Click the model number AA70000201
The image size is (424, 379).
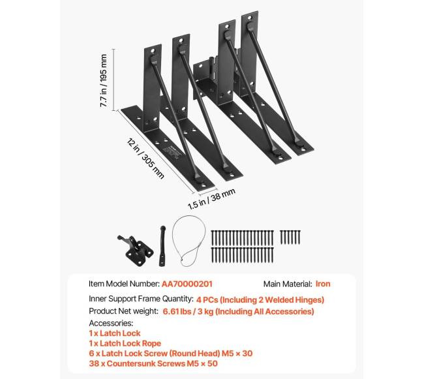pos(187,284)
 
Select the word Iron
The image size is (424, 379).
pos(323,284)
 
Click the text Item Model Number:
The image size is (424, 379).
pos(123,284)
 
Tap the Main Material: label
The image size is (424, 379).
pos(287,284)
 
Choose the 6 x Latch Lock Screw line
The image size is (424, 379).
pos(170,353)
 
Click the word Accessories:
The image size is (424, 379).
pos(111,323)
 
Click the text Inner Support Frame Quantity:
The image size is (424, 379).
pos(141,299)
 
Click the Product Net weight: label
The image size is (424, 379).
pos(124,311)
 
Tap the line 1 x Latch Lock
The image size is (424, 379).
pos(114,333)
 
